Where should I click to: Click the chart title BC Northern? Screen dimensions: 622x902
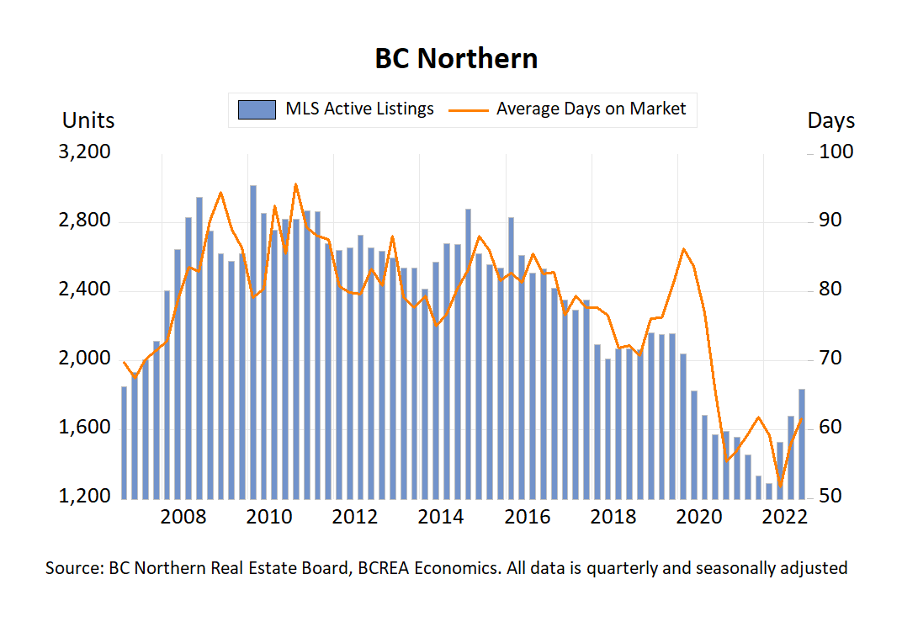(x=456, y=59)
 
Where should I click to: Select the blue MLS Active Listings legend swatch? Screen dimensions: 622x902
(x=257, y=109)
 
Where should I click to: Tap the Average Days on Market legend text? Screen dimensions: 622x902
(x=591, y=109)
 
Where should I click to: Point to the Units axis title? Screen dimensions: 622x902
(x=88, y=120)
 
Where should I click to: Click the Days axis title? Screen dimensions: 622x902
(x=830, y=120)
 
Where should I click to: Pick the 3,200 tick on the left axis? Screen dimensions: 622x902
(x=88, y=152)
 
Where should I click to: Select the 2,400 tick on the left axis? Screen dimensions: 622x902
(x=88, y=290)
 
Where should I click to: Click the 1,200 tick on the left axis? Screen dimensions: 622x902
(x=88, y=497)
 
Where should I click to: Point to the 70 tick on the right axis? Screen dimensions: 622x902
(x=830, y=359)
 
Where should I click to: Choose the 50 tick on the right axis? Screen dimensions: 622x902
(x=830, y=497)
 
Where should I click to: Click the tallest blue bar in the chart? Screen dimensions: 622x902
(x=253, y=337)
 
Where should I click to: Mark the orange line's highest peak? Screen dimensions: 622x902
(x=295, y=183)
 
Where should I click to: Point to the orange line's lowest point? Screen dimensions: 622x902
(x=781, y=486)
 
